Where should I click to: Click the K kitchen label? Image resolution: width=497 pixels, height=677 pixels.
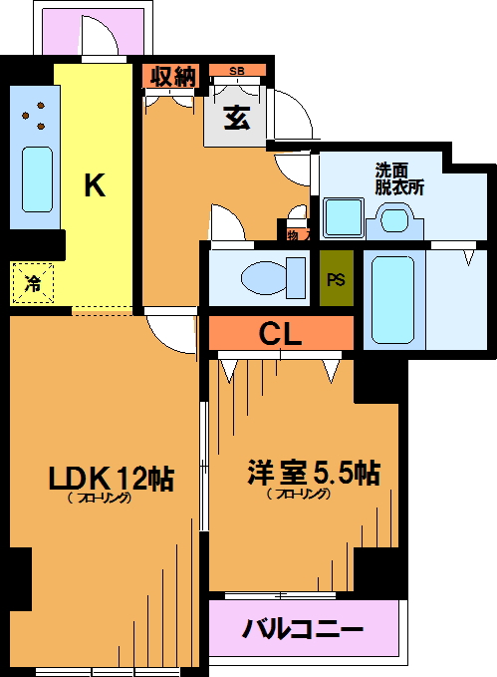[x=95, y=184]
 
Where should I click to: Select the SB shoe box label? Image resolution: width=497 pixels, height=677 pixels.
[x=237, y=71]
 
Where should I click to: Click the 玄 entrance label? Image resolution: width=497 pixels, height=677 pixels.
[x=237, y=118]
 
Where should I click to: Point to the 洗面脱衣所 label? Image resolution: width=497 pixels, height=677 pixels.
[x=399, y=179]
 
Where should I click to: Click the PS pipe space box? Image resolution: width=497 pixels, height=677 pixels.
[x=337, y=278]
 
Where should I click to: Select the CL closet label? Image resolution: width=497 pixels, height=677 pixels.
[x=280, y=333]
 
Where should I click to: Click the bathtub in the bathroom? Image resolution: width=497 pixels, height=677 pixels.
[x=393, y=300]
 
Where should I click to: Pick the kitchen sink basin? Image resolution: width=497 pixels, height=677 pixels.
[x=37, y=179]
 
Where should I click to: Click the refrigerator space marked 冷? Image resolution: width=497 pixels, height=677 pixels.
[x=33, y=283]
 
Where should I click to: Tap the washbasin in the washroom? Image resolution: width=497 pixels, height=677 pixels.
[x=394, y=220]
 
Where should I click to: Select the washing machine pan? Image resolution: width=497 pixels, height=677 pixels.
[x=343, y=217]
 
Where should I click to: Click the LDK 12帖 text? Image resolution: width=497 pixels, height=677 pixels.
[x=112, y=478]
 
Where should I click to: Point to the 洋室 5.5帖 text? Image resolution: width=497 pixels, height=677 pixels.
[x=314, y=473]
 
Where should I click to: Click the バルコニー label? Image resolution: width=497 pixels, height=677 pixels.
[x=303, y=628]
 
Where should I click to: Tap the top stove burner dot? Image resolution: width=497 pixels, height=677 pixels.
[x=41, y=105]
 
